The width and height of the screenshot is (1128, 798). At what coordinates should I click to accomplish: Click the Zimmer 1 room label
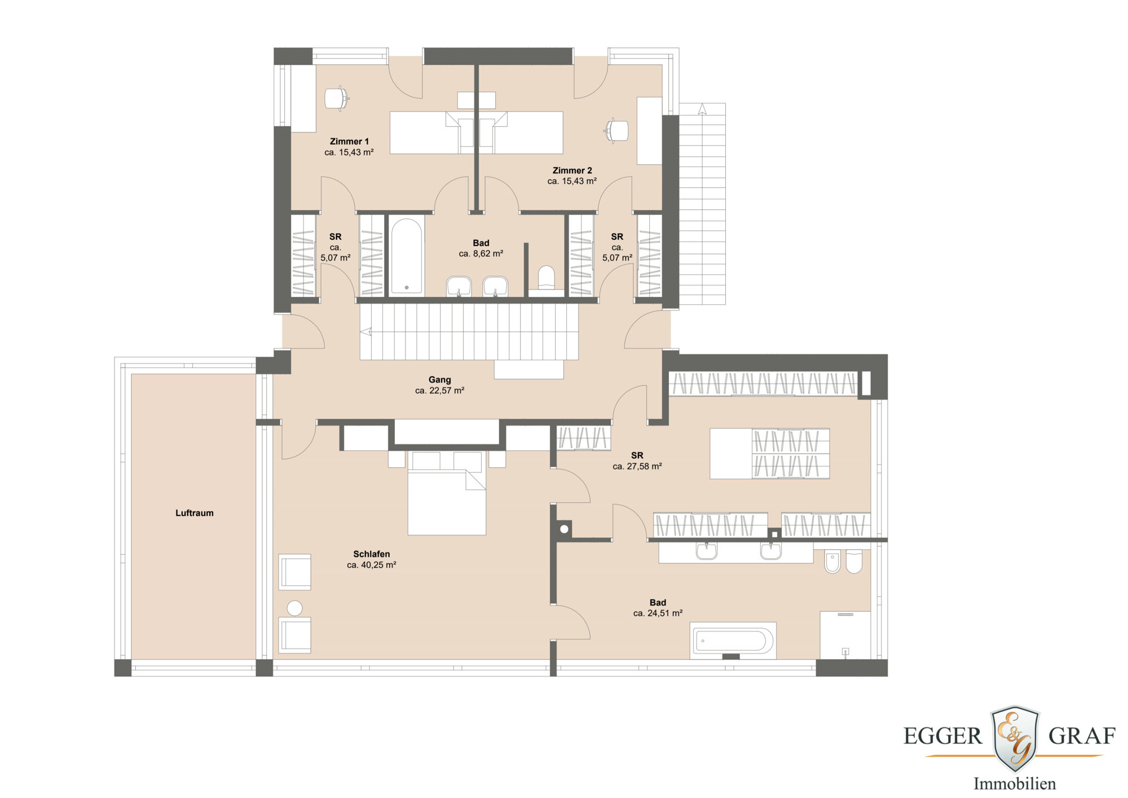(x=349, y=142)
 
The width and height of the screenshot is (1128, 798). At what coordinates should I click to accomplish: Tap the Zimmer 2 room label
(x=572, y=170)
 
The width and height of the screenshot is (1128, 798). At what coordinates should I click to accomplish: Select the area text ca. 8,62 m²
(x=481, y=254)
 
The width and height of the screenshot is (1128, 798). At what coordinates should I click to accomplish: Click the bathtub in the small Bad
(x=406, y=256)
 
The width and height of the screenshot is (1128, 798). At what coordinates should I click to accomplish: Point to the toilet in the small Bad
(x=546, y=278)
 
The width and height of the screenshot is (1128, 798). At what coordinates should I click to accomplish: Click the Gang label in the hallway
(x=439, y=380)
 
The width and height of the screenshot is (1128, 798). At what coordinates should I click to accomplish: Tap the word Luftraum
(x=194, y=513)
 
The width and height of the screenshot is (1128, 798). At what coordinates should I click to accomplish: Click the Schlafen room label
(x=371, y=554)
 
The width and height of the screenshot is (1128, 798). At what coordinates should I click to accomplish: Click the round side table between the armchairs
(x=294, y=608)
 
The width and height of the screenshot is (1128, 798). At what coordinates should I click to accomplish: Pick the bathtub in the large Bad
(x=732, y=641)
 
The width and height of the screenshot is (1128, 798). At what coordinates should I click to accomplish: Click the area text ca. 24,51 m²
(x=658, y=613)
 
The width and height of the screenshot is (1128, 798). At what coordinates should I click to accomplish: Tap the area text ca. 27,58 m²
(x=637, y=467)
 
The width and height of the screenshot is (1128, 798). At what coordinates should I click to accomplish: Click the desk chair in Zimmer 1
(x=337, y=99)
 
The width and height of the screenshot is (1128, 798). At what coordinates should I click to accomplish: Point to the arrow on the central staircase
(x=366, y=332)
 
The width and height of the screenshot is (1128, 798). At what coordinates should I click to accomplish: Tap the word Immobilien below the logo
(x=1014, y=784)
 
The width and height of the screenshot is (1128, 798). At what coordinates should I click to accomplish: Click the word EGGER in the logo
(x=942, y=736)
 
